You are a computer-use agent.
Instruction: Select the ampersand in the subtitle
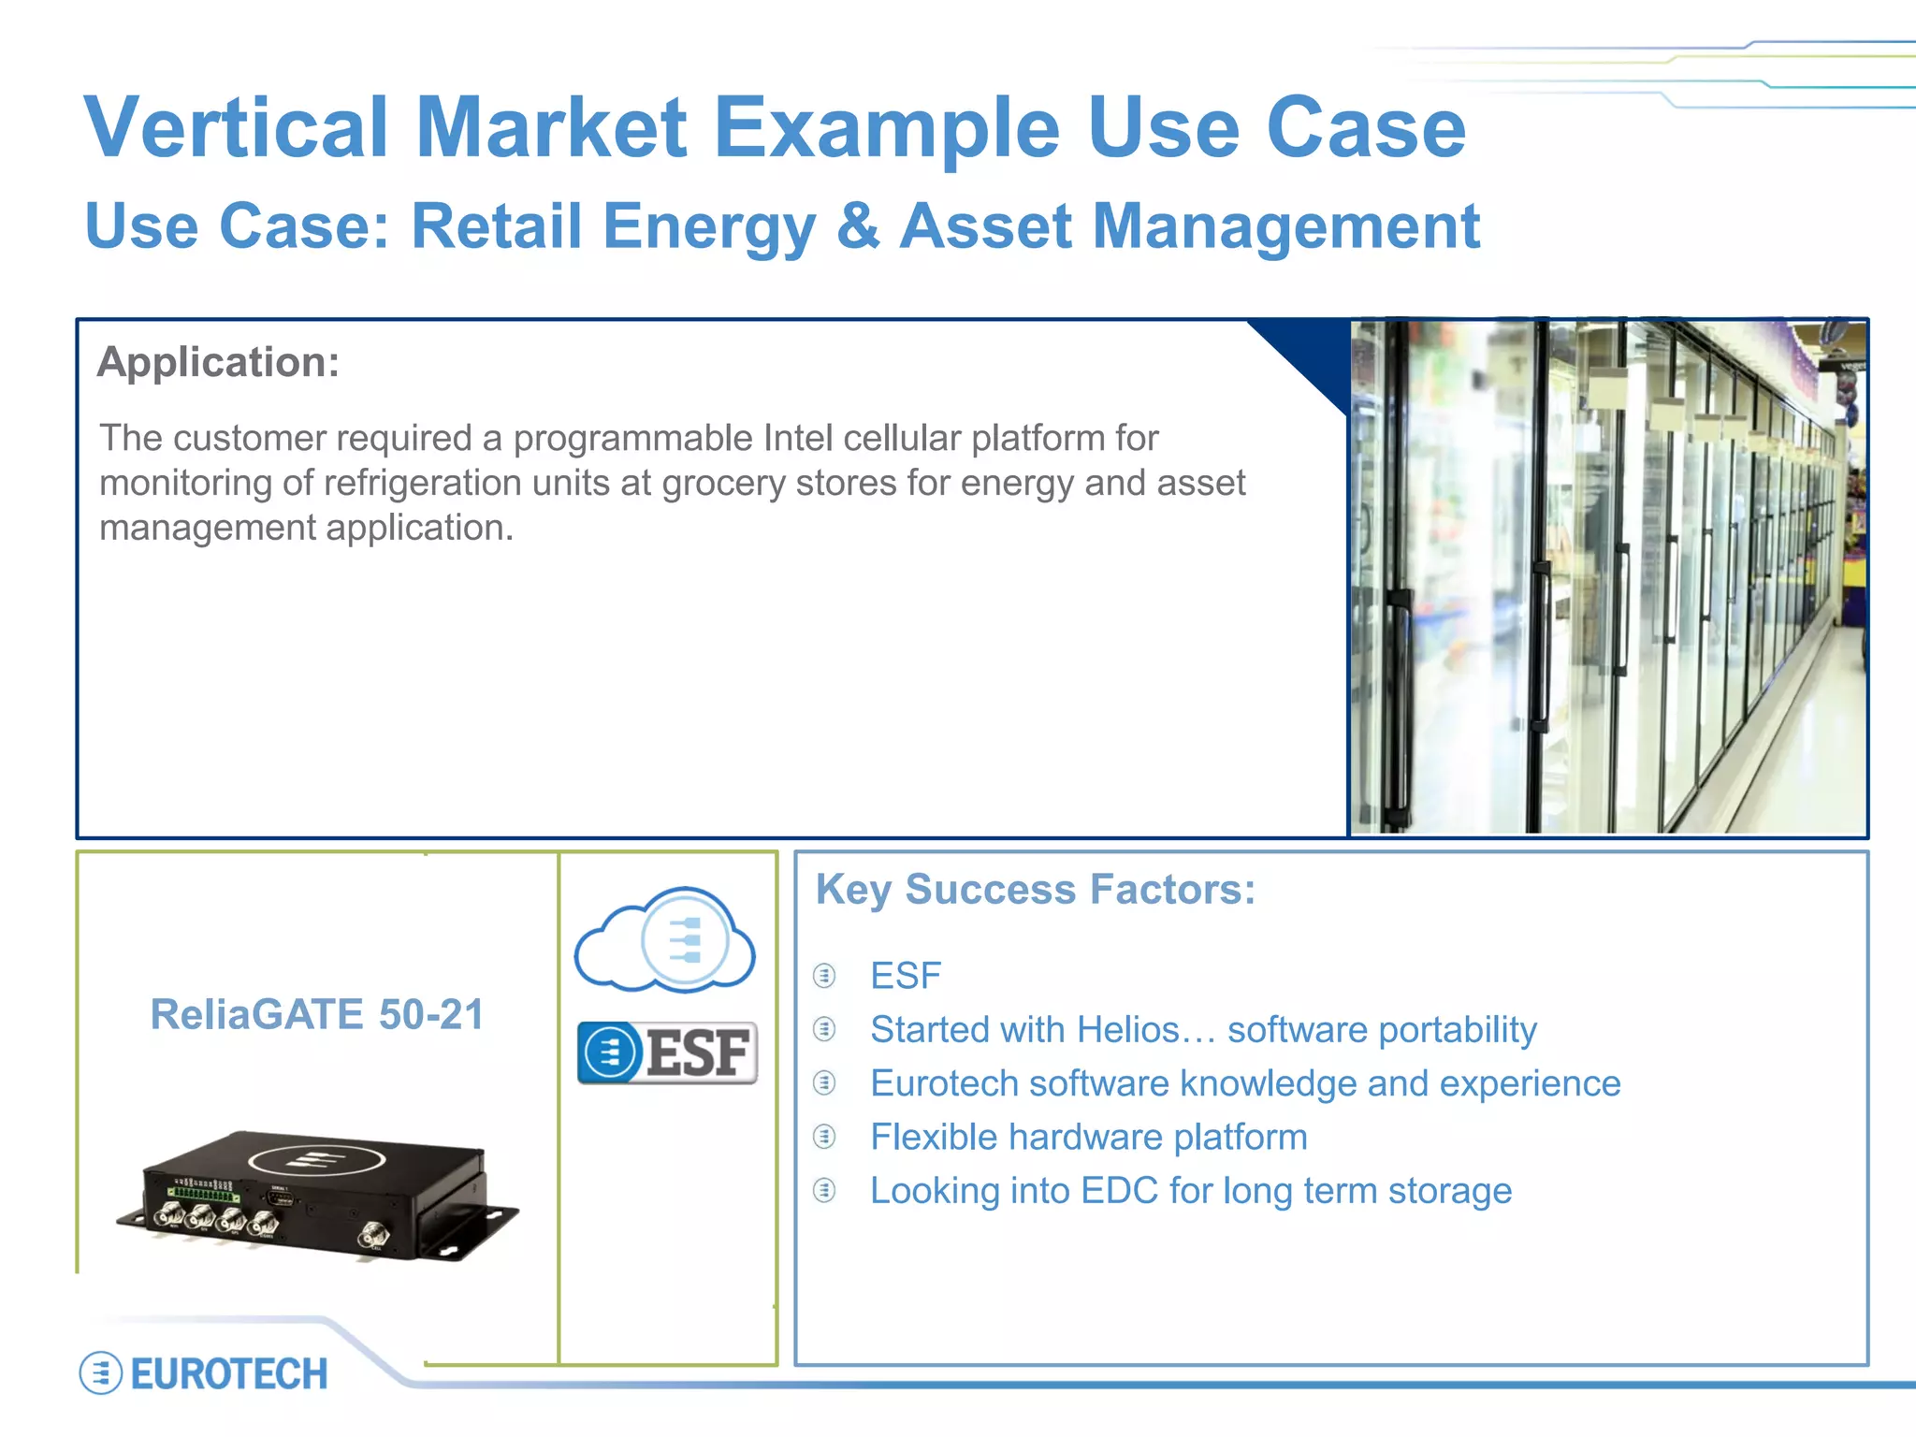[x=858, y=226]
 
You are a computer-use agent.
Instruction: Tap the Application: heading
[x=218, y=362]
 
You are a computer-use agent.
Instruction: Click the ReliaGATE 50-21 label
[x=317, y=1014]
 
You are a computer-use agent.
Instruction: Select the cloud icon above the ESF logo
[x=665, y=939]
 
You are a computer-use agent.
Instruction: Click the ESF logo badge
[x=667, y=1053]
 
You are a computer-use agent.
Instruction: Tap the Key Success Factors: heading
[x=1035, y=889]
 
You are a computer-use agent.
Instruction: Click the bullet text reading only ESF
[x=905, y=976]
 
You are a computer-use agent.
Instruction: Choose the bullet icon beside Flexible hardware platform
[x=824, y=1137]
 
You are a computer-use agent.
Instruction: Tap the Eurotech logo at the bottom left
[x=204, y=1373]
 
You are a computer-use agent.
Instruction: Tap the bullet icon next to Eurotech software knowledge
[x=824, y=1083]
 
